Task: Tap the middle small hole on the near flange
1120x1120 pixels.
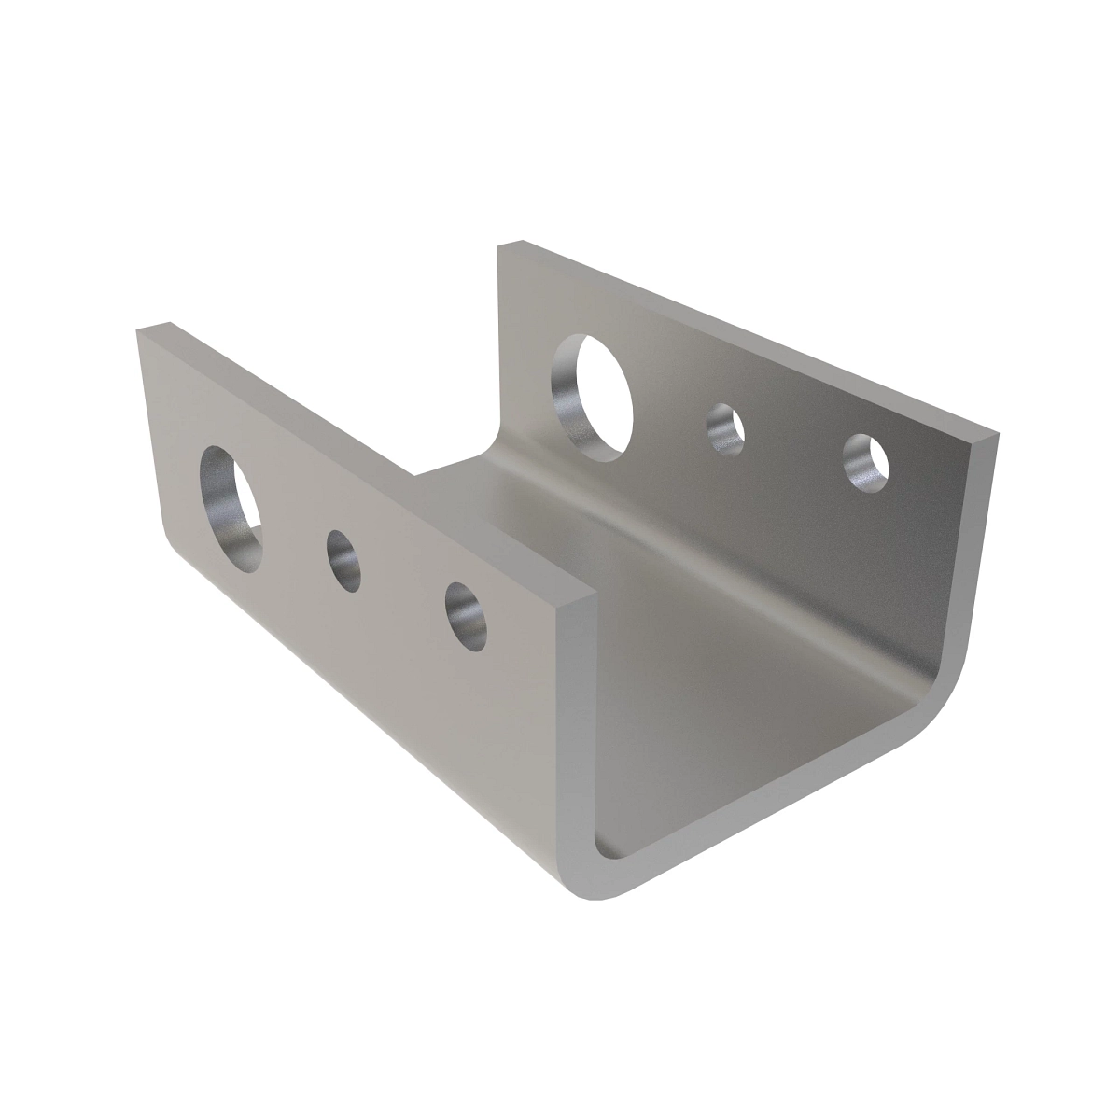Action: tap(343, 561)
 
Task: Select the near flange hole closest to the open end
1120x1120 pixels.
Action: tap(466, 617)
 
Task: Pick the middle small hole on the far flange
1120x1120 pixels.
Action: tap(725, 429)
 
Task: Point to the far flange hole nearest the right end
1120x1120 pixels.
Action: tap(866, 460)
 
